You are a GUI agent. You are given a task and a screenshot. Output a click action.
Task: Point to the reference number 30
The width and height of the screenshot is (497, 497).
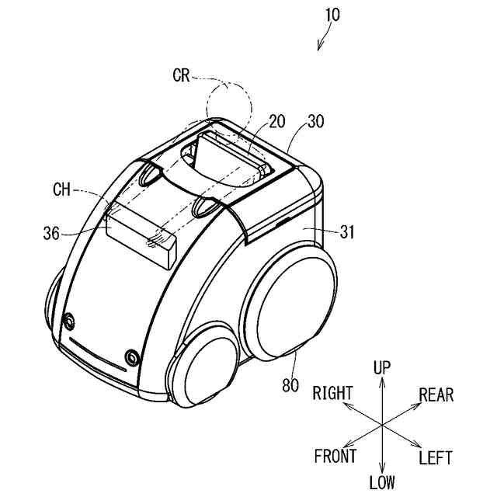pyautogui.click(x=316, y=121)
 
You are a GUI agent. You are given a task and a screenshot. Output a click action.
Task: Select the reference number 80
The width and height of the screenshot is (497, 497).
pyautogui.click(x=290, y=384)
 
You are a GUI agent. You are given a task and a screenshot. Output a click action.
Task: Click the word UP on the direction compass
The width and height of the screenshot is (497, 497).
pyautogui.click(x=382, y=367)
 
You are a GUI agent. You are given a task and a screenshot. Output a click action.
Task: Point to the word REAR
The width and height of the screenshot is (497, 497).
pyautogui.click(x=436, y=394)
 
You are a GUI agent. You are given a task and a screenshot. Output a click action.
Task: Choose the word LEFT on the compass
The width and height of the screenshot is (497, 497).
pyautogui.click(x=435, y=457)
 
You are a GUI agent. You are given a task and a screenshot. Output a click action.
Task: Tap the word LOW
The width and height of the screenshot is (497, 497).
pyautogui.click(x=382, y=483)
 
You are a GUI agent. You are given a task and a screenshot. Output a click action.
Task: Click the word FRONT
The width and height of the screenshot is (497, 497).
pyautogui.click(x=335, y=457)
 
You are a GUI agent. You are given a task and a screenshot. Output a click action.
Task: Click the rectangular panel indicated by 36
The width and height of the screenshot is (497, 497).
pyautogui.click(x=140, y=237)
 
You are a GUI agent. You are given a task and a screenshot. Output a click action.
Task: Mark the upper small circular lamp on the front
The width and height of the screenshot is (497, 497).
pyautogui.click(x=71, y=319)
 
